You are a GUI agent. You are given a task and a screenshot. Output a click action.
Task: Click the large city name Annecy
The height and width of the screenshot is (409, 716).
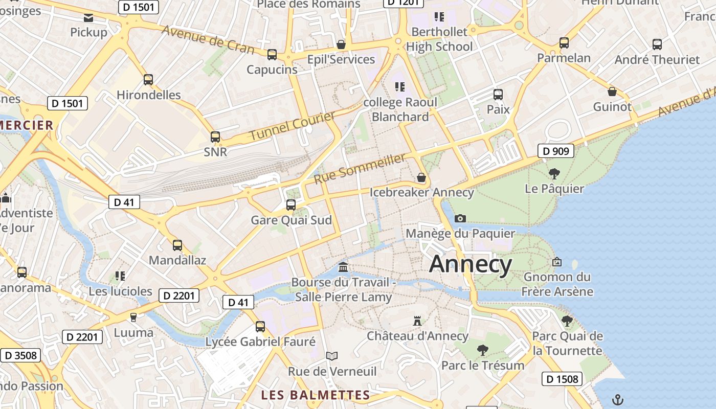[x=471, y=264]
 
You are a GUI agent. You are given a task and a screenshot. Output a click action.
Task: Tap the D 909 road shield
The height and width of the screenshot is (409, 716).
[x=556, y=151]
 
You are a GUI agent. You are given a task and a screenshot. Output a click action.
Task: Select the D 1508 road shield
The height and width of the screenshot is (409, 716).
[x=562, y=379]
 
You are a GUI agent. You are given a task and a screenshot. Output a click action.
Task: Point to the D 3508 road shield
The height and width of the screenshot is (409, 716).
[x=21, y=355]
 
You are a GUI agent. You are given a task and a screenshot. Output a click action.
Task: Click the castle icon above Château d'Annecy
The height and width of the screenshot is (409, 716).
[x=417, y=321]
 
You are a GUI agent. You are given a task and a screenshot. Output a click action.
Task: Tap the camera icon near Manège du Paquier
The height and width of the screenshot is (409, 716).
[x=460, y=218]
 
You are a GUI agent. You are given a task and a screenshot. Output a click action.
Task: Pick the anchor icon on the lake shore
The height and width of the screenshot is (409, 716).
[x=618, y=399]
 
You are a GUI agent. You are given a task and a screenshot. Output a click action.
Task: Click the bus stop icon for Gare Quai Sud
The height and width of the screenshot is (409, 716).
[x=291, y=205]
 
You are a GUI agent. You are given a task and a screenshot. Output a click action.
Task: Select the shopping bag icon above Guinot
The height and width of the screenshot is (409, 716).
[x=612, y=92]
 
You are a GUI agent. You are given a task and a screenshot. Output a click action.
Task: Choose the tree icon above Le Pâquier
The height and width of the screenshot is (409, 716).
[x=554, y=174]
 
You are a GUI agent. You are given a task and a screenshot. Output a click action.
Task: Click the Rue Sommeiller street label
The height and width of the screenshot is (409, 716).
[x=360, y=168]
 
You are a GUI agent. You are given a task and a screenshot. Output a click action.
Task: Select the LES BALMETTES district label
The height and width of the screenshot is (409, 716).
[x=315, y=395]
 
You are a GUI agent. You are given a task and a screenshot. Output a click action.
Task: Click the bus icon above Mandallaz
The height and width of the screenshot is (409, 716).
[x=177, y=245]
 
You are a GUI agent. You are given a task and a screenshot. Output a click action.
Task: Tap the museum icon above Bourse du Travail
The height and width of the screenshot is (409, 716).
[x=344, y=267]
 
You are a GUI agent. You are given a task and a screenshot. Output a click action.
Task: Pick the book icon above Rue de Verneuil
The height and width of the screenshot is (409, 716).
[x=332, y=356]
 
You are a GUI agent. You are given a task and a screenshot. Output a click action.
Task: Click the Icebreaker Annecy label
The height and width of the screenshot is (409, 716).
[x=422, y=193]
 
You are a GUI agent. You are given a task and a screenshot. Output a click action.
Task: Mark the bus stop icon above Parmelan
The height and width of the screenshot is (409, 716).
[x=564, y=43]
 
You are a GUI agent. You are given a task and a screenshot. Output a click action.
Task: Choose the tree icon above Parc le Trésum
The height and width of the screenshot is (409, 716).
[x=482, y=350]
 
